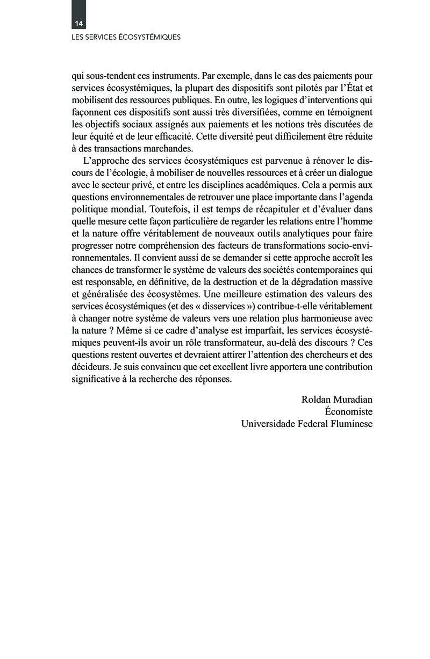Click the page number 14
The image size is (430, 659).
coord(79,24)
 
